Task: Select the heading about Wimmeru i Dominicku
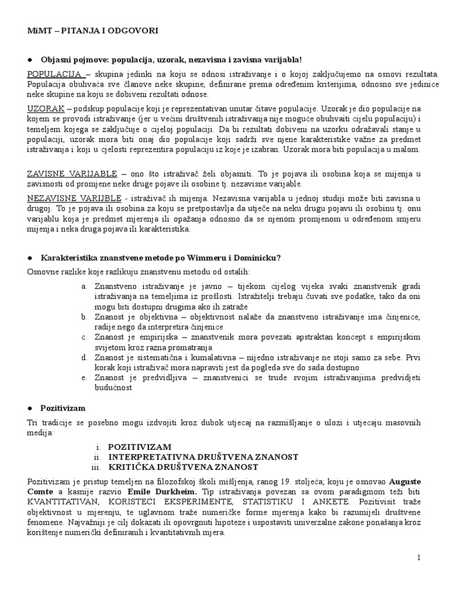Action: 160,258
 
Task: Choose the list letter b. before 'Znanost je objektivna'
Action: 85,316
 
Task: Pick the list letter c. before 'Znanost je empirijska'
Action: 85,337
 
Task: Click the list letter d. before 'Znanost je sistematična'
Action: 85,357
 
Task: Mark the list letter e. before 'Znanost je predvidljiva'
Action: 85,377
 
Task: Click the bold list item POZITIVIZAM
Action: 140,447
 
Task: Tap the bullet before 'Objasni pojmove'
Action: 29,60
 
